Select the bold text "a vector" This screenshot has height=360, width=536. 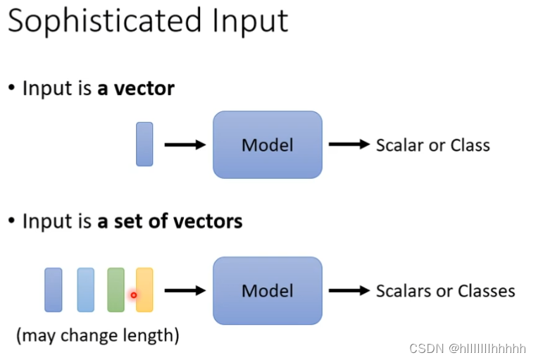[x=136, y=89]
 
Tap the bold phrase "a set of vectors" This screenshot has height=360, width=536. [x=170, y=221]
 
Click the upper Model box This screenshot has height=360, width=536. [x=267, y=145]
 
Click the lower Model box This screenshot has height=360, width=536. [x=267, y=290]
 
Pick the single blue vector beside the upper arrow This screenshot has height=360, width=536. [x=144, y=144]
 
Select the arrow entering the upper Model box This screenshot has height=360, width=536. [x=184, y=145]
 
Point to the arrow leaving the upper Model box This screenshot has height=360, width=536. [x=349, y=145]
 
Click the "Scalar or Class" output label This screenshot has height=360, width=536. [x=432, y=146]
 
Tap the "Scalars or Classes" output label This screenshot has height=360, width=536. [x=445, y=290]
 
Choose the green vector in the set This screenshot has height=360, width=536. [x=116, y=290]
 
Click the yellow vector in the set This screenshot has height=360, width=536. [x=144, y=290]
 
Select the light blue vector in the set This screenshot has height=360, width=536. [x=85, y=290]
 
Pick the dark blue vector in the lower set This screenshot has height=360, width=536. [x=54, y=290]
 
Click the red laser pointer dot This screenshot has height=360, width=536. [x=133, y=295]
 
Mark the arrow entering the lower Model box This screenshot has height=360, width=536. [x=184, y=290]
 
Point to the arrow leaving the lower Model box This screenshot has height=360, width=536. [x=349, y=290]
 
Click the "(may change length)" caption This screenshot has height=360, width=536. [x=98, y=335]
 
